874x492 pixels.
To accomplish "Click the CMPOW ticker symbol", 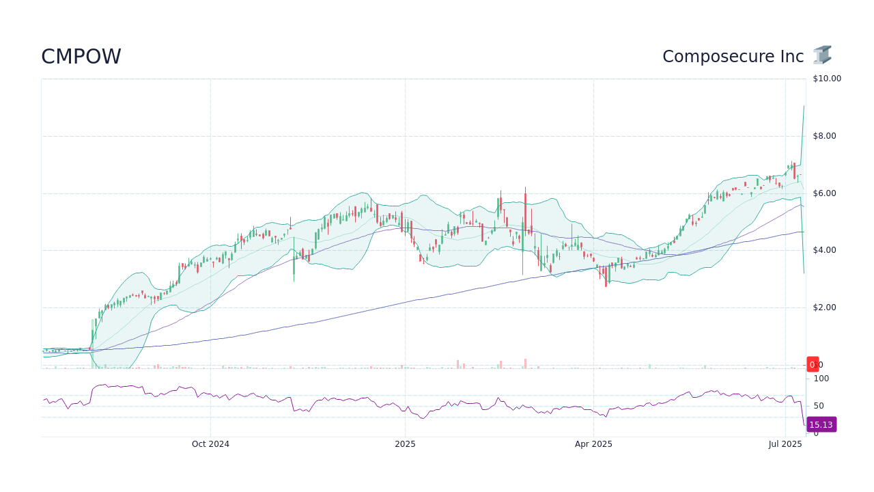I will pyautogui.click(x=81, y=57).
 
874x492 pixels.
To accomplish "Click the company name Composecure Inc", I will pyautogui.click(x=733, y=57).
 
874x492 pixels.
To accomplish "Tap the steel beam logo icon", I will pyautogui.click(x=822, y=55).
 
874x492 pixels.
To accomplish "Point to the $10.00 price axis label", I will pyautogui.click(x=826, y=79).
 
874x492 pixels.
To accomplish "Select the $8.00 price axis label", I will pyautogui.click(x=823, y=136).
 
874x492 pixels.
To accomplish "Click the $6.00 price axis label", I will pyautogui.click(x=823, y=193).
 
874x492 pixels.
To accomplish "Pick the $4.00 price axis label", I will pyautogui.click(x=823, y=250).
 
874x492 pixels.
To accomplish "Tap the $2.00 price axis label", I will pyautogui.click(x=823, y=307).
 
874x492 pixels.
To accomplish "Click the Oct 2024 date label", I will pyautogui.click(x=210, y=444).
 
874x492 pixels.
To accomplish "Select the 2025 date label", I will pyautogui.click(x=405, y=444).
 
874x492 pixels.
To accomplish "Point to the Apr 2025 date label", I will pyautogui.click(x=593, y=444).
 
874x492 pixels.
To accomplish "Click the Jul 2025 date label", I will pyautogui.click(x=785, y=444).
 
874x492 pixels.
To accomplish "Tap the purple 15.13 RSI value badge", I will pyautogui.click(x=821, y=425).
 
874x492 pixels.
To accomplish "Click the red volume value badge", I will pyautogui.click(x=813, y=365).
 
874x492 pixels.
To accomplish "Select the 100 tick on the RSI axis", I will pyautogui.click(x=821, y=379).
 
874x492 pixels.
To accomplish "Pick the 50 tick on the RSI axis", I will pyautogui.click(x=819, y=406).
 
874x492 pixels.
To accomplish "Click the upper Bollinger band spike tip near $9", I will pyautogui.click(x=804, y=106).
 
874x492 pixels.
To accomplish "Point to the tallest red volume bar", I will pyautogui.click(x=525, y=364).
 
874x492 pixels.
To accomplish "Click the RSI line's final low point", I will pyautogui.click(x=805, y=426).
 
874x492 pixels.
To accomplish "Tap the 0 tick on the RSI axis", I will pyautogui.click(x=815, y=434).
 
